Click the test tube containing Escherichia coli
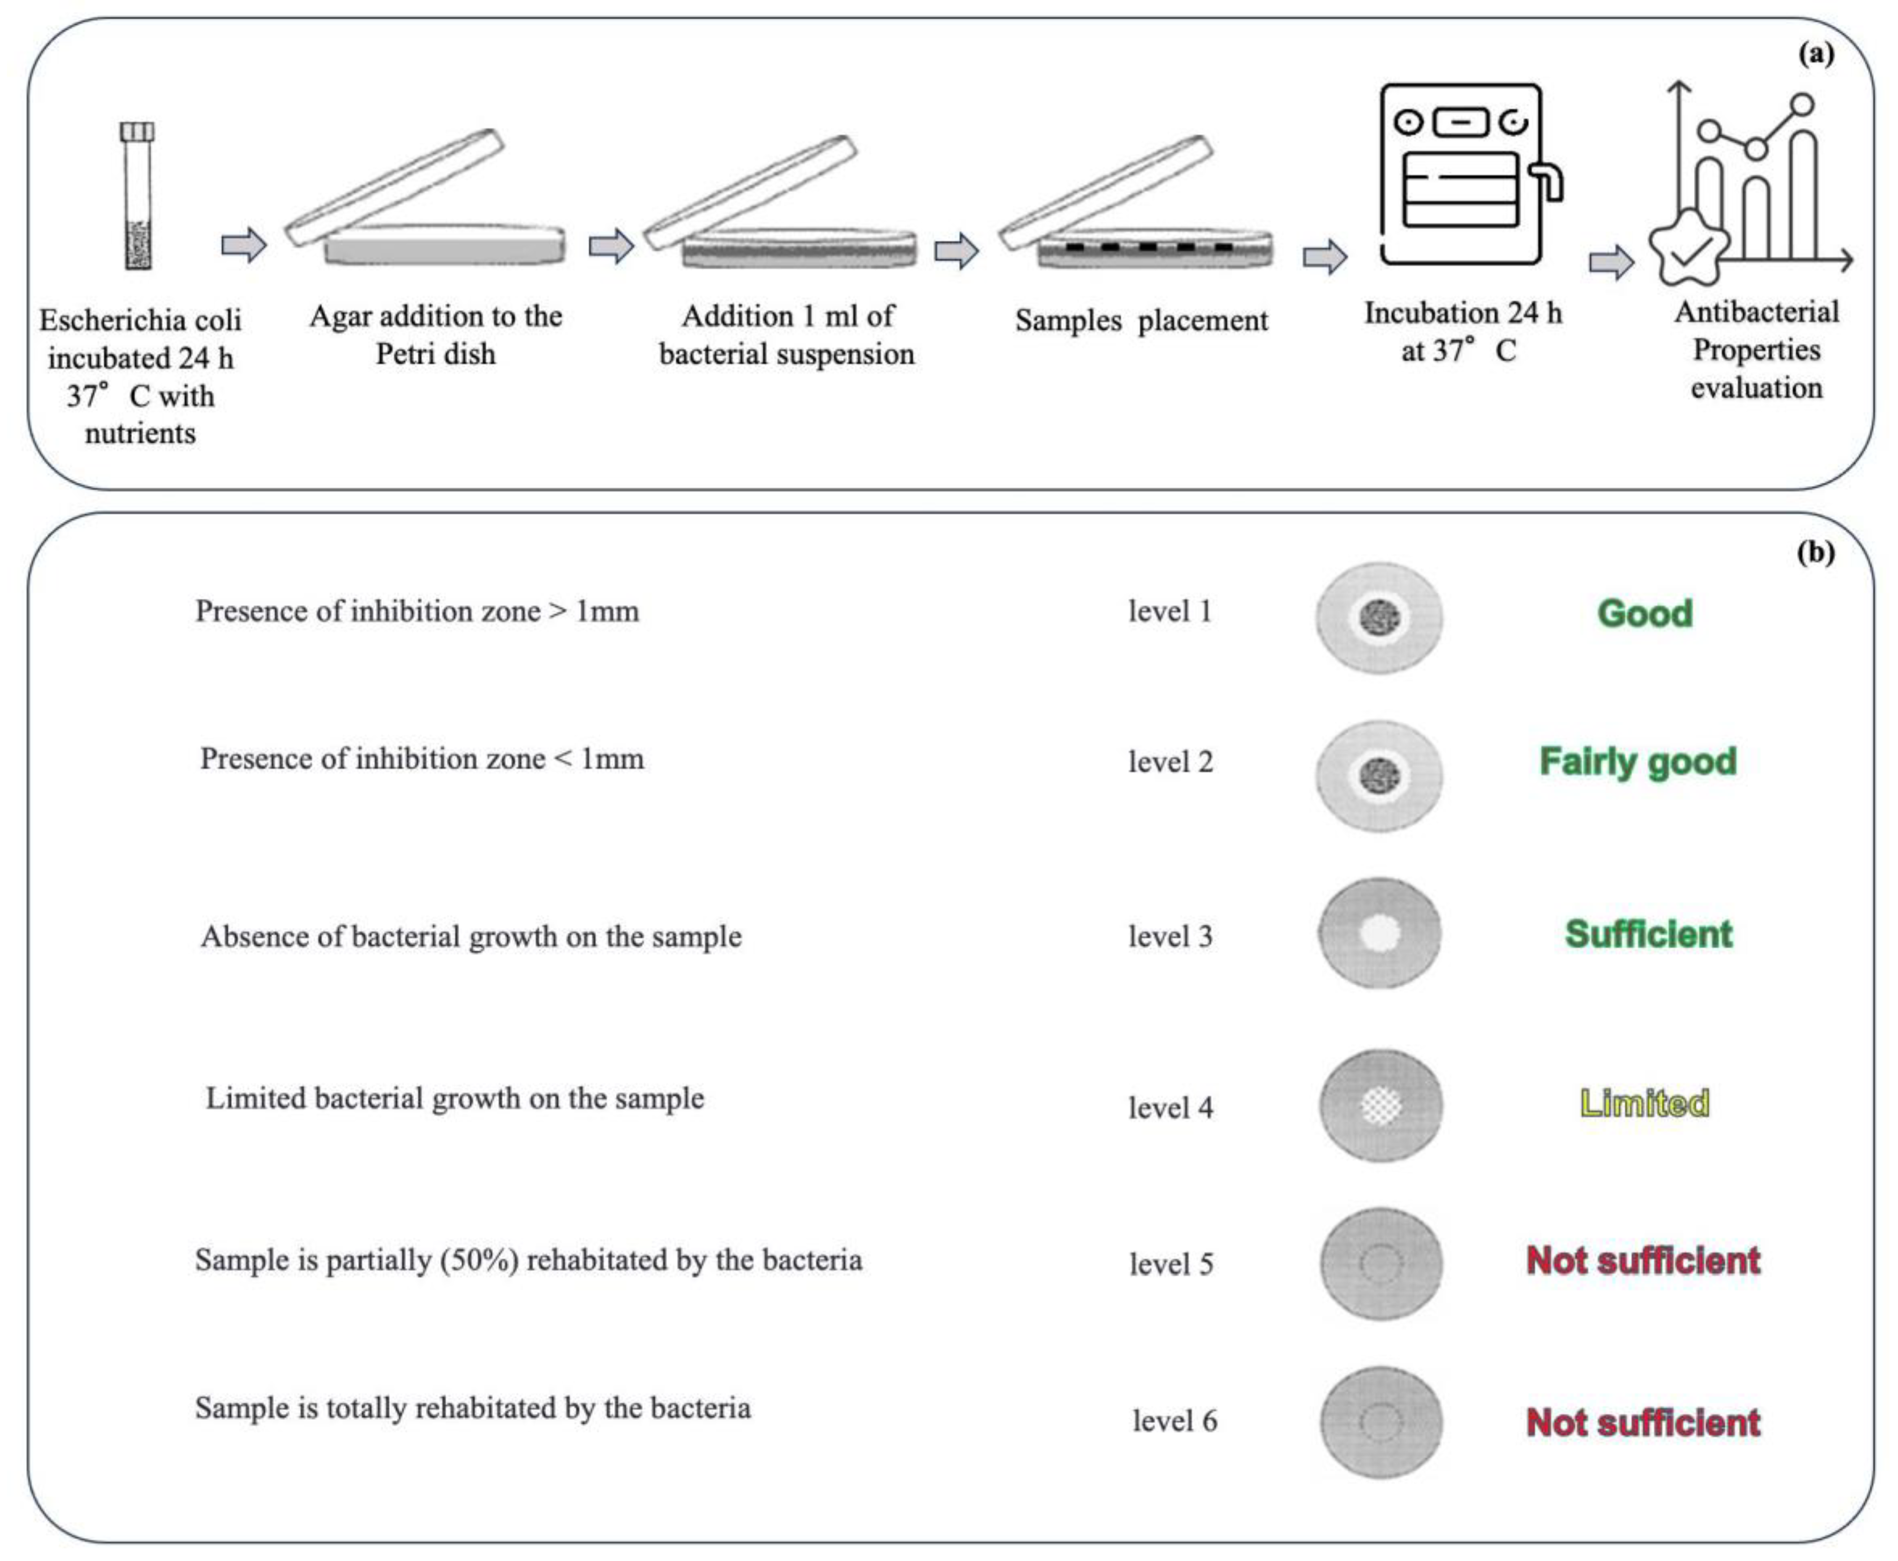click(137, 196)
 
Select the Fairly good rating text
click(1637, 761)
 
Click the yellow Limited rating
click(1645, 1103)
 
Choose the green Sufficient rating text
click(1648, 934)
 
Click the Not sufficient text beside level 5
click(1642, 1261)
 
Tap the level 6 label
click(1174, 1421)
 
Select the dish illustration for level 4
click(1380, 1105)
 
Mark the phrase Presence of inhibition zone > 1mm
click(417, 612)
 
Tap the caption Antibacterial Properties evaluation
click(1756, 350)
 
